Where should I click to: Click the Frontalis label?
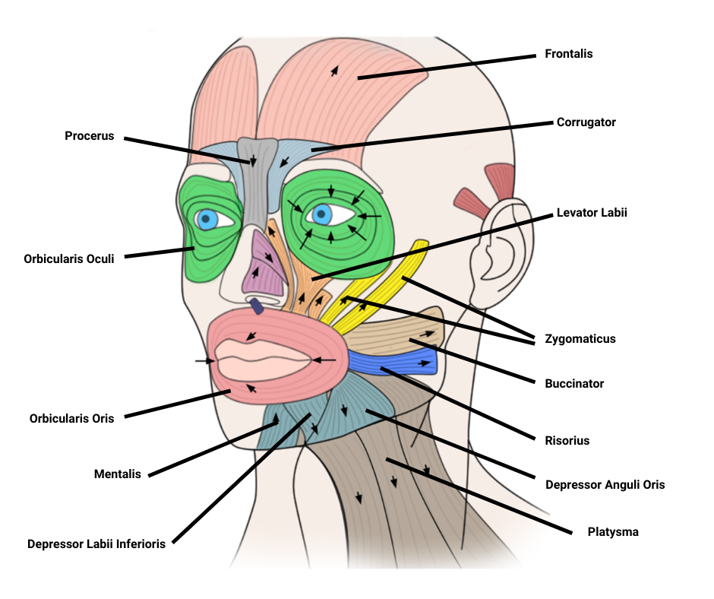[x=568, y=54]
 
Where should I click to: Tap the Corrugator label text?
[x=586, y=122]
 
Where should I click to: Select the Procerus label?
[x=89, y=136]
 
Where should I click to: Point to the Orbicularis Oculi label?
[x=68, y=258]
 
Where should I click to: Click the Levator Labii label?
[x=592, y=213]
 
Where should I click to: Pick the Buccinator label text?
[x=574, y=384]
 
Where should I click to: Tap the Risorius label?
[x=567, y=440]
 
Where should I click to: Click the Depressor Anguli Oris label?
[x=605, y=484]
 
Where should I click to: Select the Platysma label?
[x=613, y=532]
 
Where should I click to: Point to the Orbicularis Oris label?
[x=71, y=418]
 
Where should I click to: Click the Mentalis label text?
[x=117, y=474]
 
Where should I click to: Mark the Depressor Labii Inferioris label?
[x=96, y=544]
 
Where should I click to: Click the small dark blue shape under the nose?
[x=257, y=306]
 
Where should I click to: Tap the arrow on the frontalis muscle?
[x=332, y=71]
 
